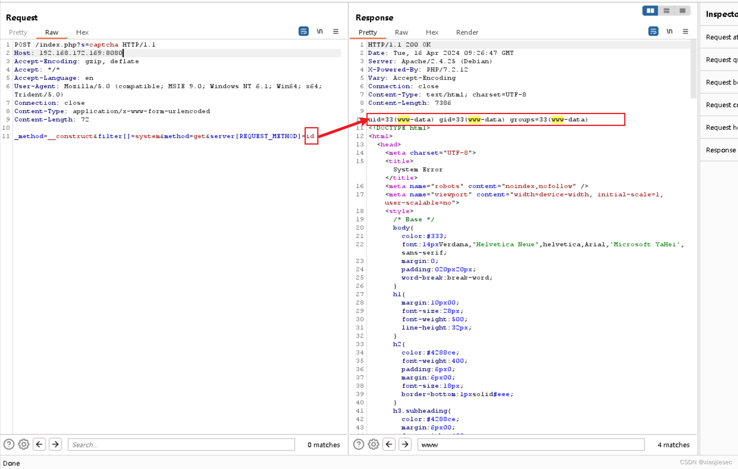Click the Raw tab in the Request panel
point(52,32)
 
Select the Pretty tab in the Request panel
point(18,32)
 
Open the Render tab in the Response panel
point(467,32)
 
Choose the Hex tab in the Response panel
point(432,32)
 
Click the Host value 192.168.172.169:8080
point(81,53)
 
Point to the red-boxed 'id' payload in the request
point(311,136)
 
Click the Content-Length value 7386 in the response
point(443,103)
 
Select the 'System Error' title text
point(418,170)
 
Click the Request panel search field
point(181,445)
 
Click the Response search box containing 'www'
point(531,445)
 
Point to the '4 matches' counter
point(673,445)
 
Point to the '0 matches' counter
point(324,445)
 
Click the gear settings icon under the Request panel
point(24,444)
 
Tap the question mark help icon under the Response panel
point(358,444)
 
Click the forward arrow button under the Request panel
point(56,444)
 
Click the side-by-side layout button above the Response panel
point(650,11)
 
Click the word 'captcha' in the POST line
point(104,45)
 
